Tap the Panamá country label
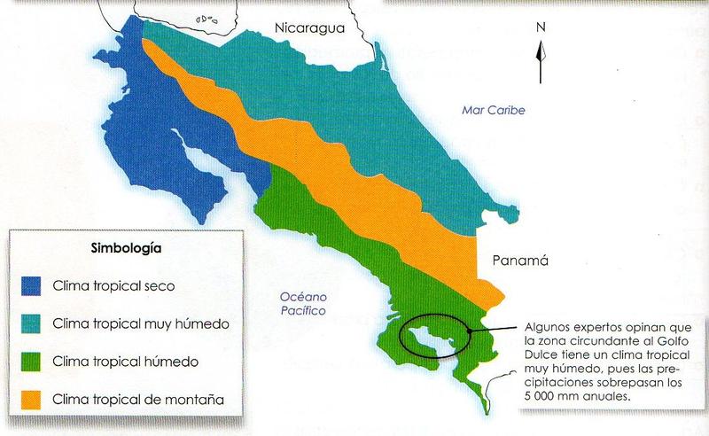(x=520, y=261)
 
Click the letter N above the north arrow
(x=540, y=27)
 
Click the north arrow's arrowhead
(x=539, y=48)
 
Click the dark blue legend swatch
(x=32, y=285)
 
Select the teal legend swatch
(x=32, y=323)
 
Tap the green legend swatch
(x=32, y=362)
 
